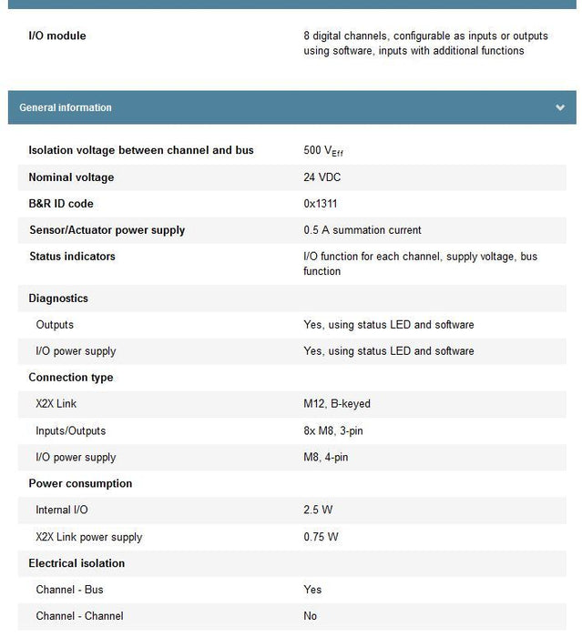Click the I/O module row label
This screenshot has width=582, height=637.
click(57, 36)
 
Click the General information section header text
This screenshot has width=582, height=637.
click(66, 107)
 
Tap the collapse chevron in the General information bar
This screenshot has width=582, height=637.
click(559, 107)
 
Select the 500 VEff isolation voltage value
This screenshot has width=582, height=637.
click(323, 151)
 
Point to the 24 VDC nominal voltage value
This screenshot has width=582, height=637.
click(322, 177)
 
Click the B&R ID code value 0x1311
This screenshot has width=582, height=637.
click(321, 204)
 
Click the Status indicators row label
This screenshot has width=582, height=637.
click(72, 257)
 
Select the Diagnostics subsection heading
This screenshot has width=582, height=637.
click(58, 298)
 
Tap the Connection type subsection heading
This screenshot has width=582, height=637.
click(71, 378)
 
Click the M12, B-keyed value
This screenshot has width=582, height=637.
click(337, 404)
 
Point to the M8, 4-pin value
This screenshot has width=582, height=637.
click(326, 458)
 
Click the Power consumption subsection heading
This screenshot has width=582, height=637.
click(80, 484)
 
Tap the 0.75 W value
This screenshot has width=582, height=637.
click(321, 537)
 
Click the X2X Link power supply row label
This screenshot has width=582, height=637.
click(89, 537)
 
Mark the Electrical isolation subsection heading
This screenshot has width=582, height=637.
click(77, 563)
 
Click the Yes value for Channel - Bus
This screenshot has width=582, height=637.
click(312, 590)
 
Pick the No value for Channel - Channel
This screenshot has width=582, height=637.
click(311, 616)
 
